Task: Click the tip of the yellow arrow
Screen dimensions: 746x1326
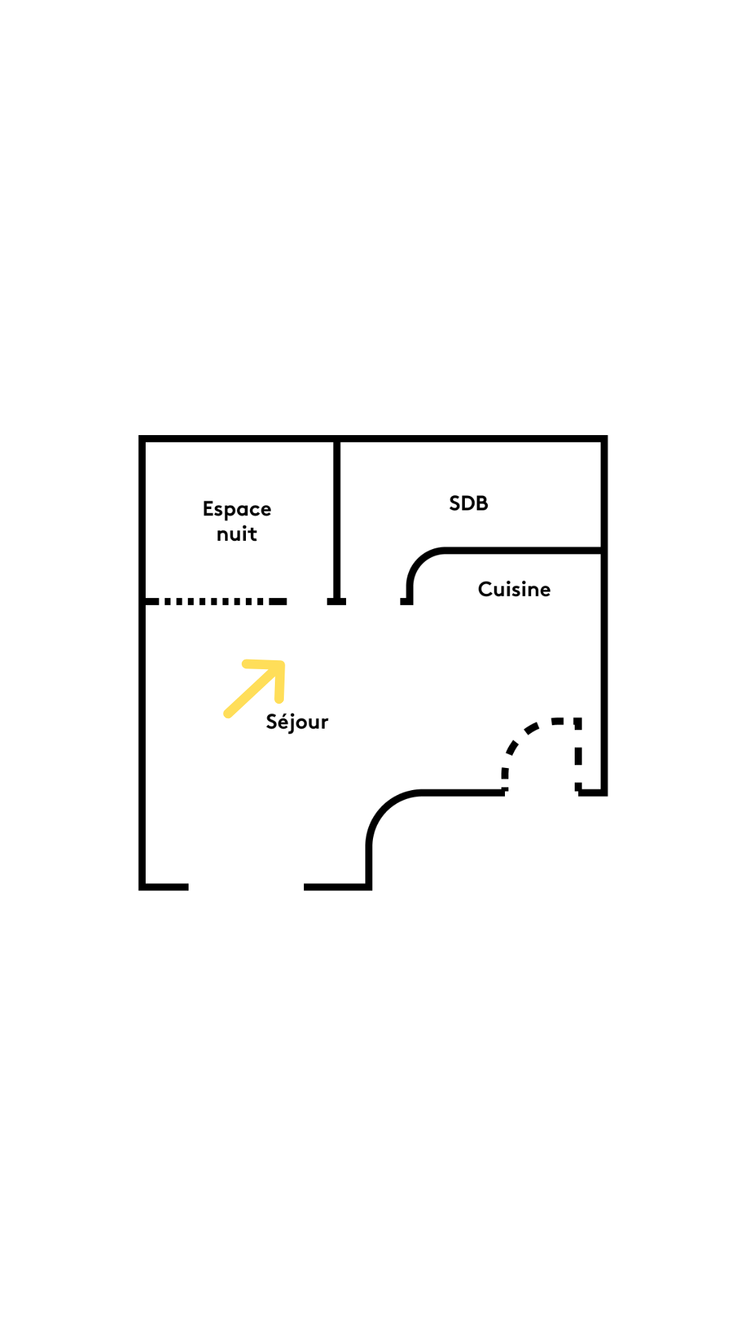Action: click(281, 664)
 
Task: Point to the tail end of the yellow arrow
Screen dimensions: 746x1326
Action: click(227, 714)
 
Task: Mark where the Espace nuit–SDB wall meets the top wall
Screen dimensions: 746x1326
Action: click(337, 439)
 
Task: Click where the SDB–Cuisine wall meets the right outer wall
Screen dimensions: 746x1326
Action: click(604, 550)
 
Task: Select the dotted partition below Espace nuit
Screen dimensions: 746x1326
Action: click(215, 602)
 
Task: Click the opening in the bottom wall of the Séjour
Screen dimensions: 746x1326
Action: click(246, 887)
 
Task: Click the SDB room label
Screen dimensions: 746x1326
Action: click(468, 503)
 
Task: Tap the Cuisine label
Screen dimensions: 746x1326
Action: click(514, 589)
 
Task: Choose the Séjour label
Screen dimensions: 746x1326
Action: click(297, 722)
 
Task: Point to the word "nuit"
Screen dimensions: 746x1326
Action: click(237, 534)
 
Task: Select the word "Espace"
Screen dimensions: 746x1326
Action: click(237, 510)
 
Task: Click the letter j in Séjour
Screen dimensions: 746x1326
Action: click(293, 723)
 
